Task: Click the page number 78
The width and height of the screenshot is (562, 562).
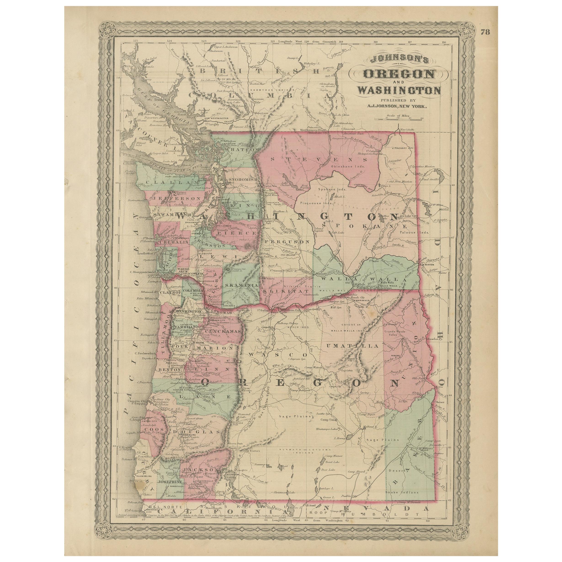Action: (x=485, y=32)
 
